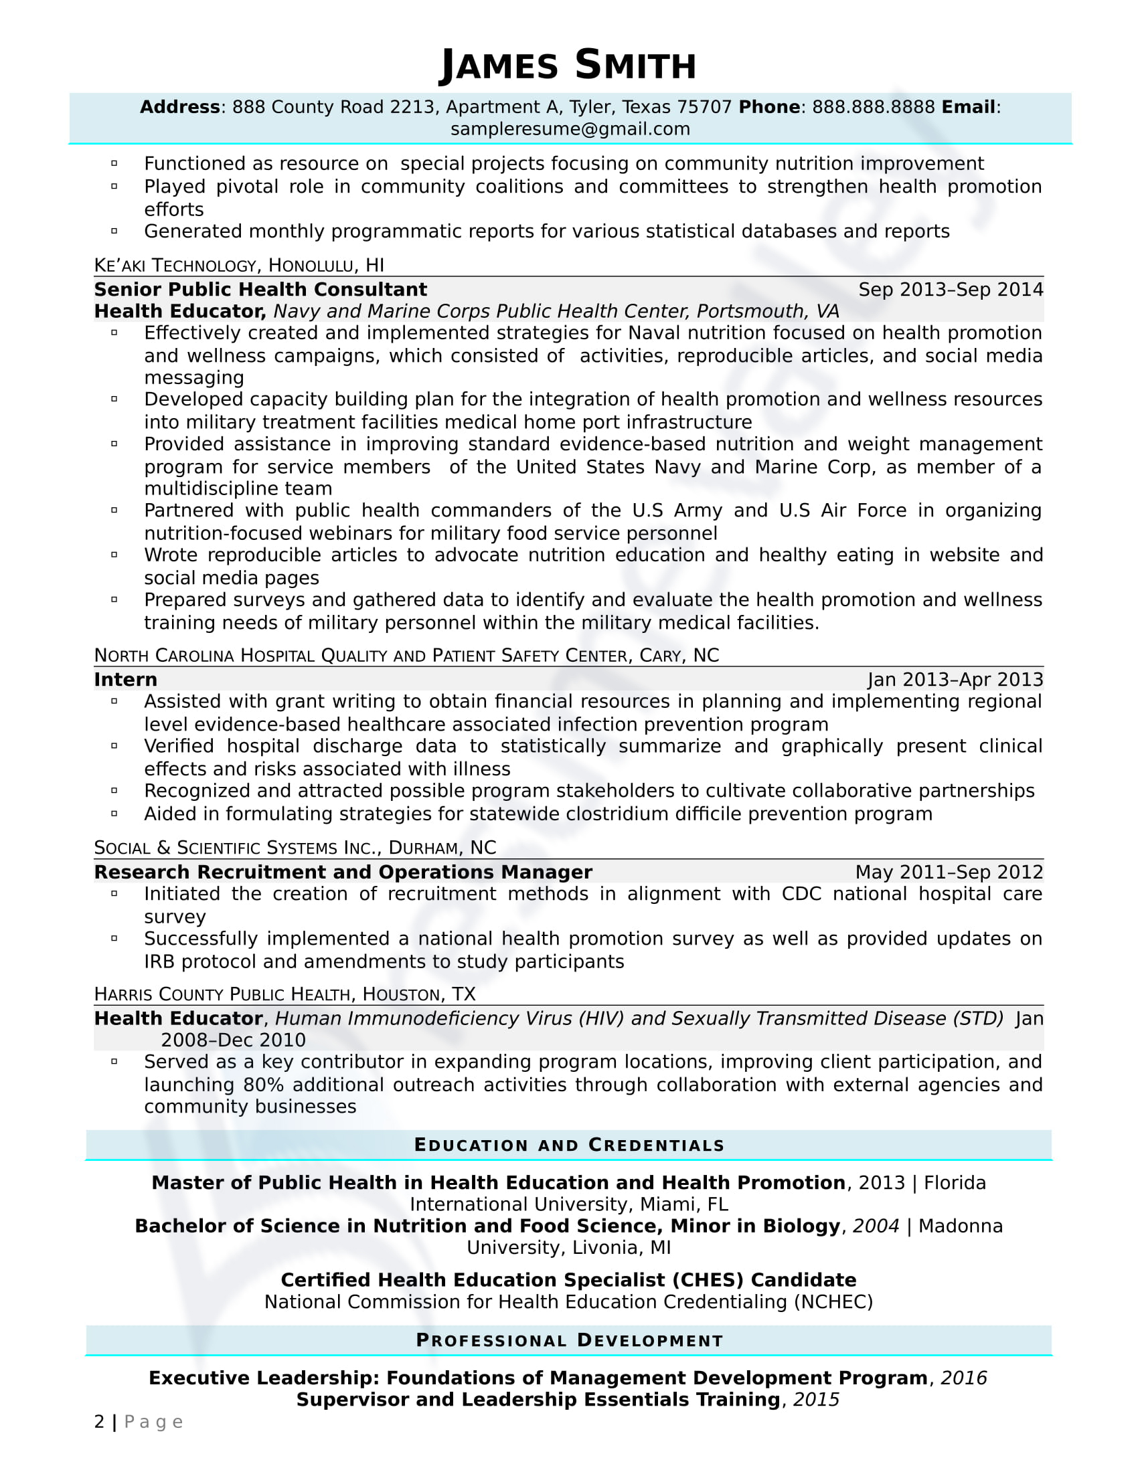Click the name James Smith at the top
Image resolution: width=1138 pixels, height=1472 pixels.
[568, 66]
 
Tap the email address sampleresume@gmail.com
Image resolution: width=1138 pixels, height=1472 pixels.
[570, 128]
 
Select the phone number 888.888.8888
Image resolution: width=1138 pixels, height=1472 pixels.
[873, 107]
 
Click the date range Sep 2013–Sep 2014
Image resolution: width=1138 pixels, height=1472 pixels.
[951, 290]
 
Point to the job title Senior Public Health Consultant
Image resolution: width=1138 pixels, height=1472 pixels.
[260, 290]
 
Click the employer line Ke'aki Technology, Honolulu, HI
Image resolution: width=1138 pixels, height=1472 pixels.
[240, 265]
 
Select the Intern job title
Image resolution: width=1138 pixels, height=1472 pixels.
[125, 679]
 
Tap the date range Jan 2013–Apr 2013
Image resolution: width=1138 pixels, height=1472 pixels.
[955, 679]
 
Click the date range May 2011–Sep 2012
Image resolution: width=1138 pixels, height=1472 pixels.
[949, 872]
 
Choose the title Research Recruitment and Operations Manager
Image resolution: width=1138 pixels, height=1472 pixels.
[343, 872]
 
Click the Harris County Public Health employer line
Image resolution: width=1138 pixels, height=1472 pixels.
[285, 994]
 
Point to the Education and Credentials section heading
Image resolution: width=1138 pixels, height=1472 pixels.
[569, 1145]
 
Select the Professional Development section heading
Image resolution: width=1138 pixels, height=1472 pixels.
[569, 1341]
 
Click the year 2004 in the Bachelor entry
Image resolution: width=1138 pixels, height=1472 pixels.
[876, 1226]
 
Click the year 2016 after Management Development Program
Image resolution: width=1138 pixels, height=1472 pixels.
[963, 1378]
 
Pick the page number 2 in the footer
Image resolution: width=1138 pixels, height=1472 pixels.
[100, 1422]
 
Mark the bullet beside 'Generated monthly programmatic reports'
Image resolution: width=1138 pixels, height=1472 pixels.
[114, 232]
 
